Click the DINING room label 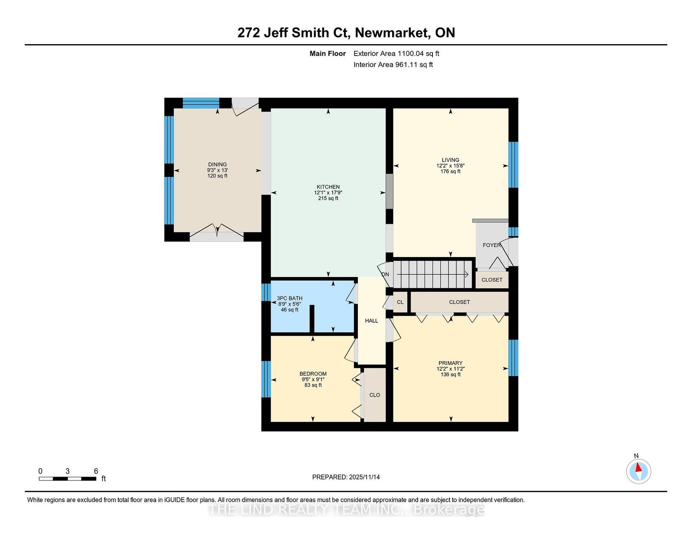pyautogui.click(x=217, y=164)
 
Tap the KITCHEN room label pyautogui.click(x=328, y=187)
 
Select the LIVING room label pyautogui.click(x=451, y=160)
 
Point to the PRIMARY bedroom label pyautogui.click(x=451, y=363)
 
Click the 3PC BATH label pyautogui.click(x=290, y=298)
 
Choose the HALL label pyautogui.click(x=372, y=321)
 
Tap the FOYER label pyautogui.click(x=492, y=245)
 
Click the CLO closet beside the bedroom pyautogui.click(x=375, y=395)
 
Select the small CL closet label pyautogui.click(x=400, y=302)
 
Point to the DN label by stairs pyautogui.click(x=385, y=274)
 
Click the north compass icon pyautogui.click(x=638, y=471)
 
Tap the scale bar pyautogui.click(x=68, y=479)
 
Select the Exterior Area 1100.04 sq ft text pyautogui.click(x=396, y=54)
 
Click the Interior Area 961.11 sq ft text pyautogui.click(x=393, y=65)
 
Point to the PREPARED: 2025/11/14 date pyautogui.click(x=346, y=477)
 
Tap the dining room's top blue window pyautogui.click(x=201, y=103)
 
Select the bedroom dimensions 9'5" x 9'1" pyautogui.click(x=313, y=380)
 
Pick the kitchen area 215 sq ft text pyautogui.click(x=328, y=199)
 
